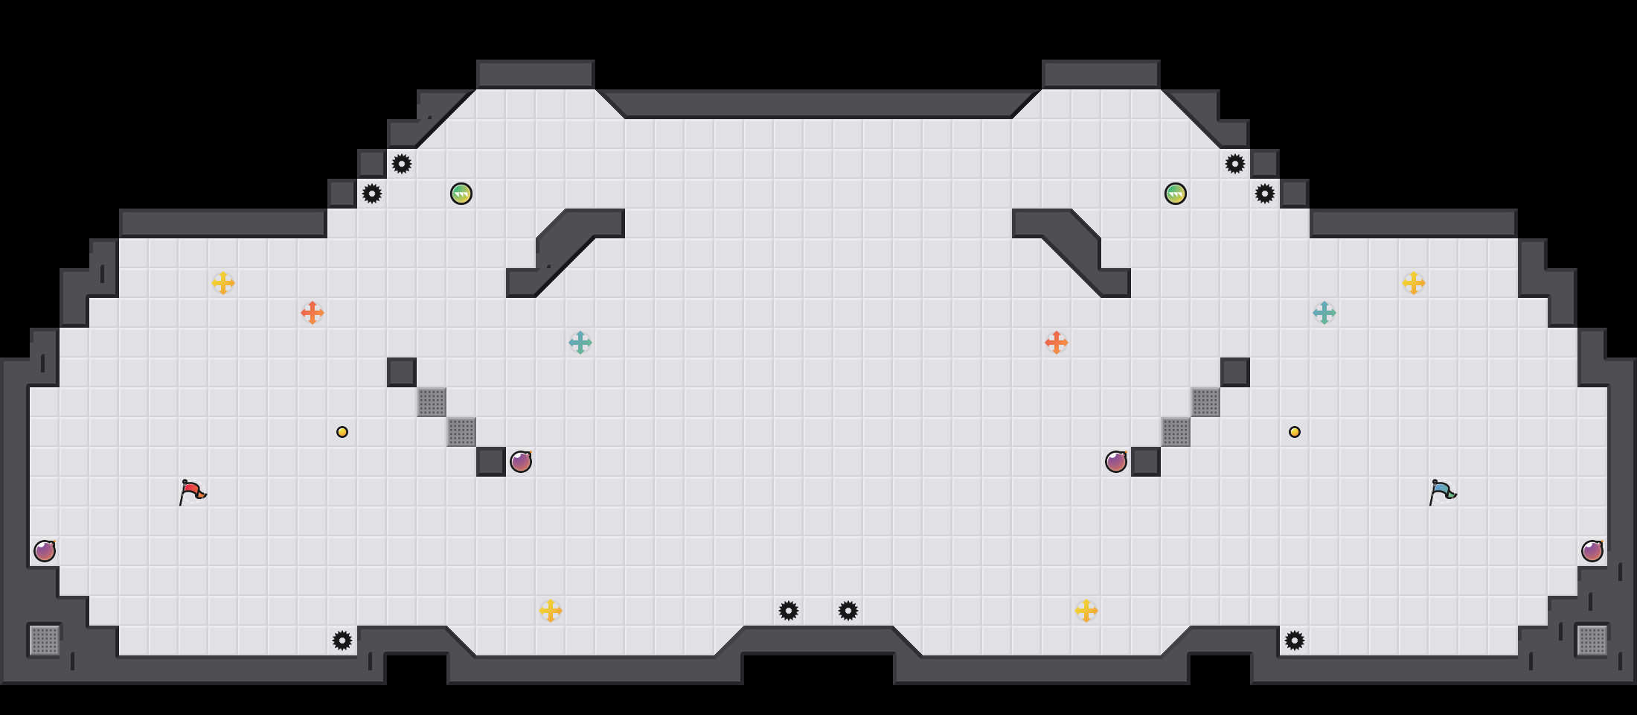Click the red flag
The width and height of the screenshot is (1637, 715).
pyautogui.click(x=192, y=492)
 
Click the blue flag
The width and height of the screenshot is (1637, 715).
pyautogui.click(x=1442, y=492)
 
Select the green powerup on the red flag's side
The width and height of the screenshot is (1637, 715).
pyautogui.click(x=461, y=194)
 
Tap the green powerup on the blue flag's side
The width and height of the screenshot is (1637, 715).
pyautogui.click(x=1176, y=194)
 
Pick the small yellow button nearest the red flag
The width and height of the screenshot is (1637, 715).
pyautogui.click(x=342, y=432)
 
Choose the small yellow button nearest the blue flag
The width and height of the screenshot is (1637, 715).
pyautogui.click(x=1295, y=432)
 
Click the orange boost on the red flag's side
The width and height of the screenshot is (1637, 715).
pyautogui.click(x=313, y=313)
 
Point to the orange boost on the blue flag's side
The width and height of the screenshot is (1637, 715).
pyautogui.click(x=1057, y=343)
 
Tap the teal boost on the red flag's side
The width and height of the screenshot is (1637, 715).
pyautogui.click(x=580, y=343)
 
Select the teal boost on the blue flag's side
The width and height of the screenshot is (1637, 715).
pyautogui.click(x=1324, y=313)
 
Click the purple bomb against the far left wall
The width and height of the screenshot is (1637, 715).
pyautogui.click(x=45, y=551)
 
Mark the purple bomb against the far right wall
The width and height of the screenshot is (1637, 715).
pyautogui.click(x=1592, y=551)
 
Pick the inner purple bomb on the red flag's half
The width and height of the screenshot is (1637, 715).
pyautogui.click(x=521, y=462)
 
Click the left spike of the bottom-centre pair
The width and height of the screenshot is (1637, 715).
pyautogui.click(x=789, y=611)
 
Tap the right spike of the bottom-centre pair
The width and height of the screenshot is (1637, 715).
pyautogui.click(x=848, y=611)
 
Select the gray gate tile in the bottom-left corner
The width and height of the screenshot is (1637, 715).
pyautogui.click(x=45, y=641)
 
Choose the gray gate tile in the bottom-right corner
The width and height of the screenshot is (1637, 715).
pyautogui.click(x=1592, y=641)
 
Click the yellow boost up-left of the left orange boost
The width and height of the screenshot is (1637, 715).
pyautogui.click(x=223, y=283)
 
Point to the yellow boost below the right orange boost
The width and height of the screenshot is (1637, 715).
pyautogui.click(x=1086, y=611)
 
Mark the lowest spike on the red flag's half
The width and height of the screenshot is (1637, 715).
pyautogui.click(x=342, y=641)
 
